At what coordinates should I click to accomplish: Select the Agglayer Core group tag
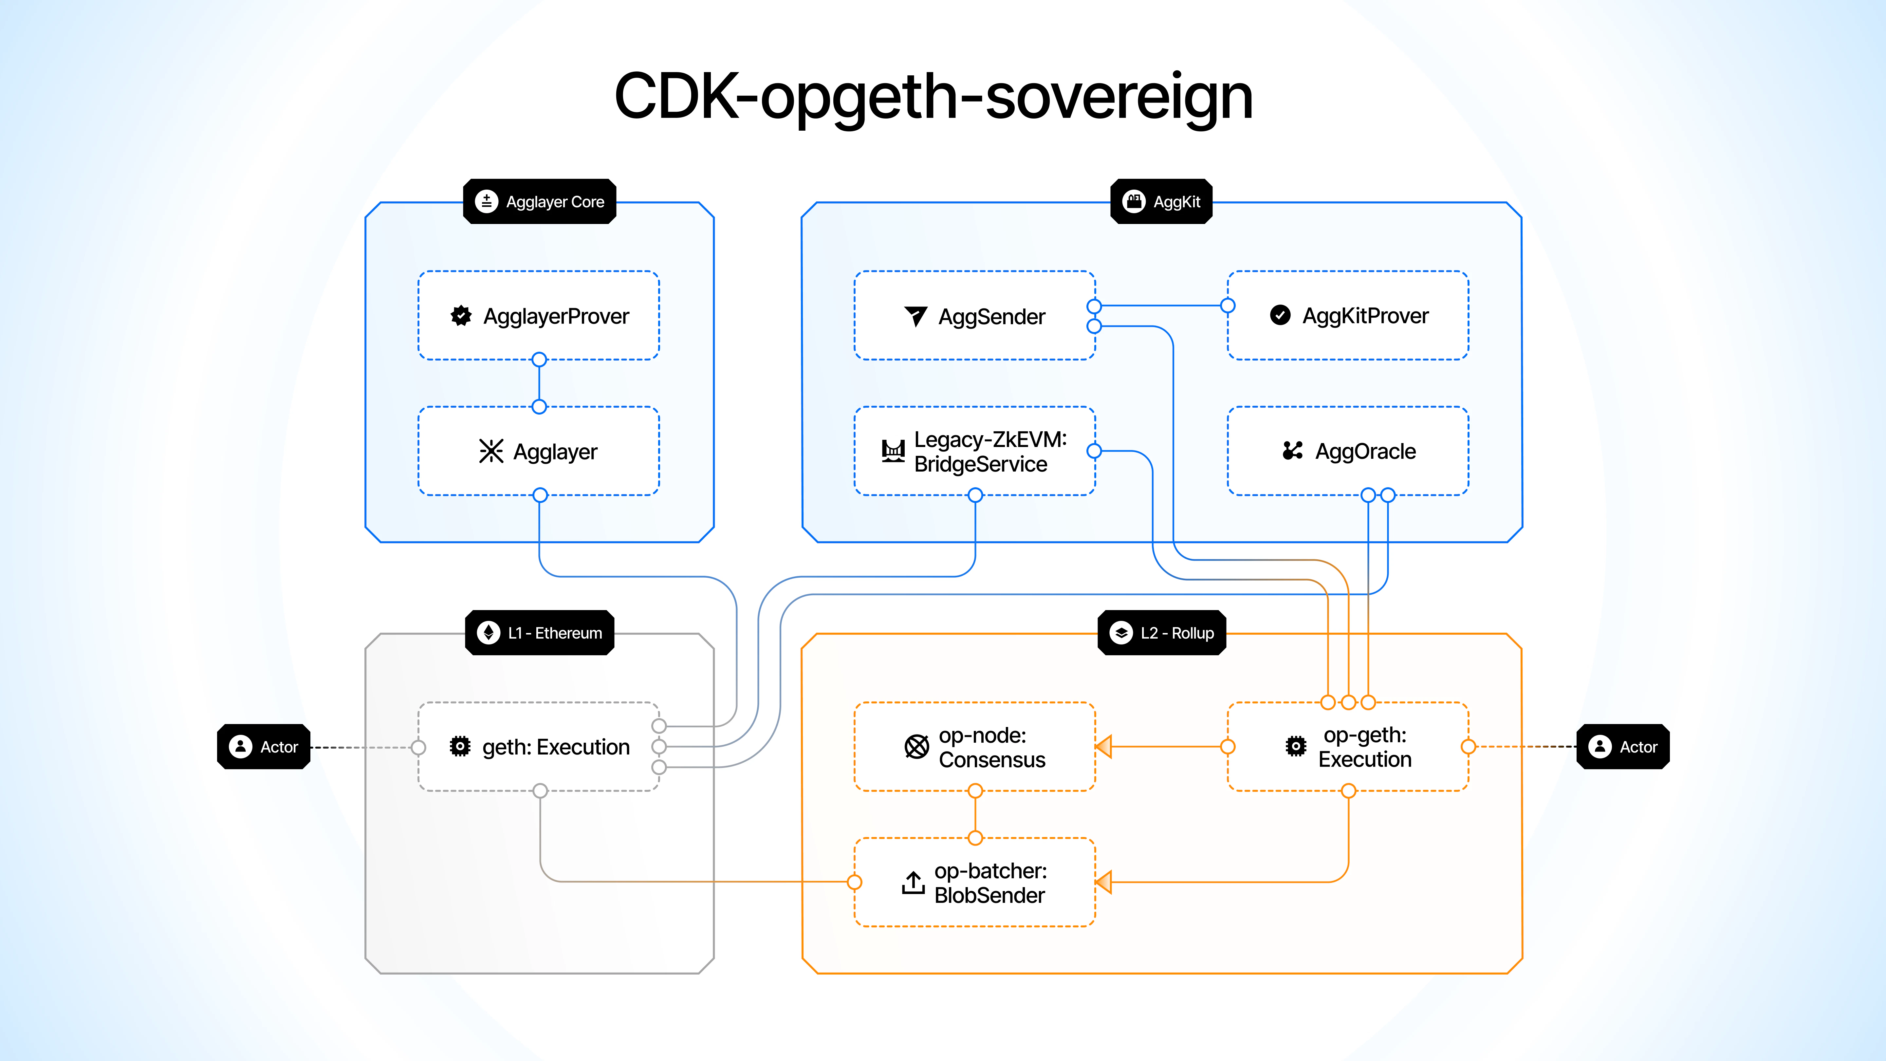[x=540, y=201]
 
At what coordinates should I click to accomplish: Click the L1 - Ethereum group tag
[x=540, y=633]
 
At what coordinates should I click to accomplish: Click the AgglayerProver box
[x=539, y=316]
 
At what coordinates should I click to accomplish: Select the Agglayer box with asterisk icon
[x=539, y=451]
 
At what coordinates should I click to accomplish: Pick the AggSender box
[x=974, y=316]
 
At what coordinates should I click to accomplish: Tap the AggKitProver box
[x=1348, y=316]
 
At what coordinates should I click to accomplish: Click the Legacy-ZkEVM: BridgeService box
[x=974, y=451]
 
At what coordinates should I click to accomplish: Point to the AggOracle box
[x=1348, y=451]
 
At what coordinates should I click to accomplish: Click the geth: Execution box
[x=539, y=747]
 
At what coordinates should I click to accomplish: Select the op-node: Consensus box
[x=974, y=747]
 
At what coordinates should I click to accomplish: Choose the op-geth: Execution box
[x=1348, y=747]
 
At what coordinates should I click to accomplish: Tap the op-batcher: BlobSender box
[x=974, y=882]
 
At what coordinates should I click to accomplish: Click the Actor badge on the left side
[x=264, y=747]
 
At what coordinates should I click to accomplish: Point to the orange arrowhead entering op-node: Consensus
[x=1104, y=747]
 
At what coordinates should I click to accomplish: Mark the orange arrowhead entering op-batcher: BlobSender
[x=1104, y=882]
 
